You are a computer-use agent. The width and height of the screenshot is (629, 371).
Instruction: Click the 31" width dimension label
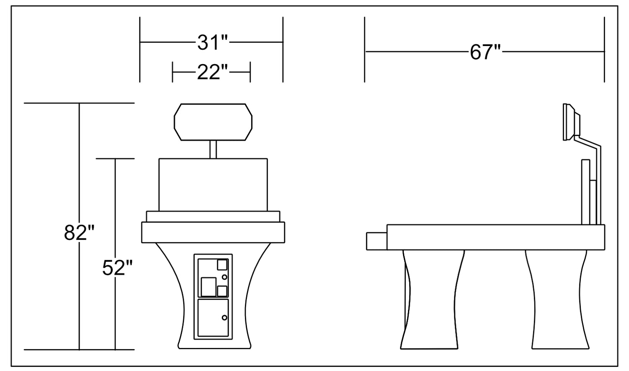[x=212, y=43]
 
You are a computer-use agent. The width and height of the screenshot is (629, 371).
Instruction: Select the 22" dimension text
[x=212, y=72]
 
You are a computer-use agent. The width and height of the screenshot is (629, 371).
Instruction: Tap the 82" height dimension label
[x=79, y=232]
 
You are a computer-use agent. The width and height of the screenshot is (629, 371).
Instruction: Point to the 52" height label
[x=117, y=268]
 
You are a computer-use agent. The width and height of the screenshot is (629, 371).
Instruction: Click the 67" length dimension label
[x=485, y=52]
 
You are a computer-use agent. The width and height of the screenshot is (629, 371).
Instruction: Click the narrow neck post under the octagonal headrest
[x=213, y=149]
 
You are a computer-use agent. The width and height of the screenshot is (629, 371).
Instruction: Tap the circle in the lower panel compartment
[x=224, y=318]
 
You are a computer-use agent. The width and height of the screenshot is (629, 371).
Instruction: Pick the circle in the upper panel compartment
[x=224, y=277]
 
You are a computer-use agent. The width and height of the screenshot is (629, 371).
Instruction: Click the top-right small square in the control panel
[x=222, y=265]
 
